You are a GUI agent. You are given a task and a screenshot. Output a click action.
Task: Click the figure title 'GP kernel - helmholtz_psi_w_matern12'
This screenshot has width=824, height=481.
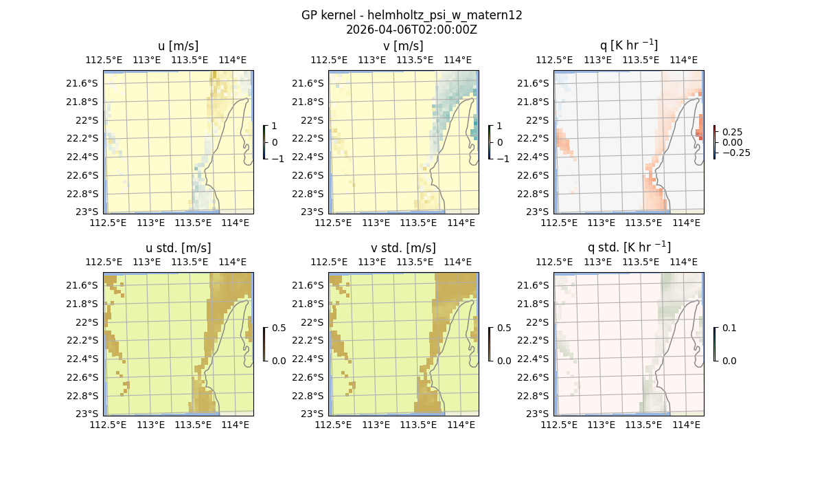pos(411,15)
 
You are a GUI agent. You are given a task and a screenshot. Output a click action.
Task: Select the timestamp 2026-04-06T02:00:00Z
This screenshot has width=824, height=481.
pos(411,30)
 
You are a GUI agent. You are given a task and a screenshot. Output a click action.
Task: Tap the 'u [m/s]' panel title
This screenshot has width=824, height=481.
pos(178,46)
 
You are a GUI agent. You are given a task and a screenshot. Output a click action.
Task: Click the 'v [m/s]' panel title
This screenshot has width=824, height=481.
pos(403,46)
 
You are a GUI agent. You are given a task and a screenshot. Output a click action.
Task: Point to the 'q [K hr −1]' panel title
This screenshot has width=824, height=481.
pos(628,45)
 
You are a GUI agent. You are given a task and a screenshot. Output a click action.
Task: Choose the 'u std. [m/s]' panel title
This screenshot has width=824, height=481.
pos(178,248)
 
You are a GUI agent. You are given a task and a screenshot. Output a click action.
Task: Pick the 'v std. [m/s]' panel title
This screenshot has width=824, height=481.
pos(403,248)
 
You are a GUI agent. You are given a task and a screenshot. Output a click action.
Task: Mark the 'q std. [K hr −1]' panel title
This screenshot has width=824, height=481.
pos(628,247)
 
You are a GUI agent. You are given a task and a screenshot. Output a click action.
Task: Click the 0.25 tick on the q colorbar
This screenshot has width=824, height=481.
pos(731,132)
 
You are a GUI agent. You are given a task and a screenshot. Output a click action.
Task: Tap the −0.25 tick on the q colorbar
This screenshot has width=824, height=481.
pos(735,153)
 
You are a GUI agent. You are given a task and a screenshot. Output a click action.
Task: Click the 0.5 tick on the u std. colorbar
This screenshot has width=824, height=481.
pos(279,328)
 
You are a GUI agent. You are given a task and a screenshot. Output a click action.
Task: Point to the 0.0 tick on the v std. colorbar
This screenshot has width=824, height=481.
pos(505,361)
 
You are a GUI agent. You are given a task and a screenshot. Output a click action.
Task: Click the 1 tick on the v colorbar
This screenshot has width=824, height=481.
pos(500,126)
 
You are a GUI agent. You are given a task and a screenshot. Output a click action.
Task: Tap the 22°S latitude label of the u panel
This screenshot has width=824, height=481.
pos(88,120)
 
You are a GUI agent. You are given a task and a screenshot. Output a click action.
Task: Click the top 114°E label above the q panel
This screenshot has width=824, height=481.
pos(683,60)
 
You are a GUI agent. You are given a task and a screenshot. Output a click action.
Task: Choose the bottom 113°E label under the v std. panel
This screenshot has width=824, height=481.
pos(376,425)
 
